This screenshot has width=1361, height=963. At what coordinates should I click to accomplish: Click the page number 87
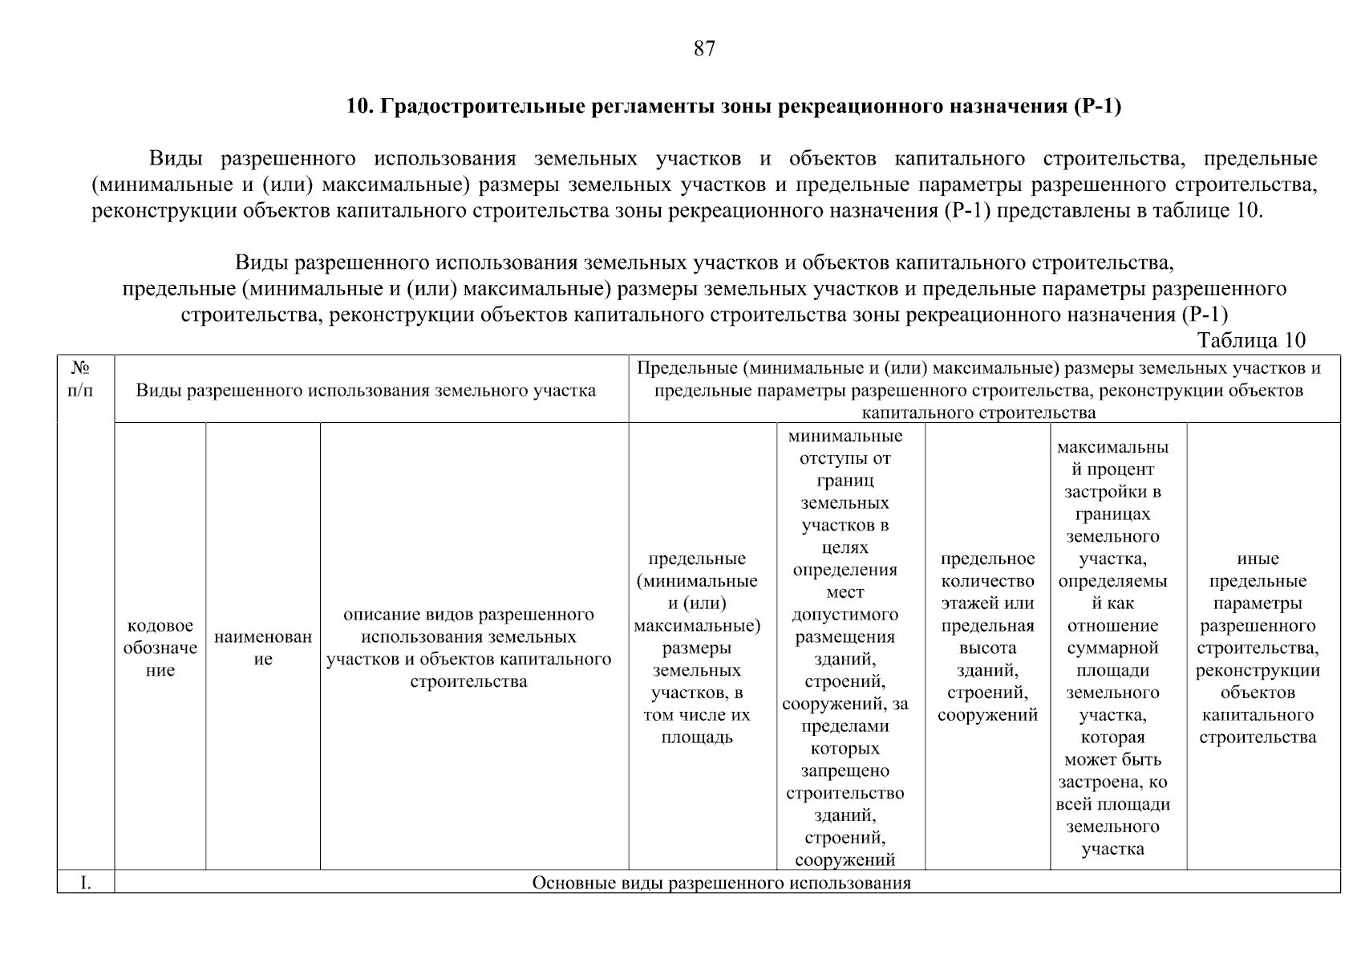pos(703,49)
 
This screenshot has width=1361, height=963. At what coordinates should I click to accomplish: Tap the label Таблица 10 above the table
pos(1251,339)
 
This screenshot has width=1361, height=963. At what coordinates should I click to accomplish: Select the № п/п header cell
pos(80,380)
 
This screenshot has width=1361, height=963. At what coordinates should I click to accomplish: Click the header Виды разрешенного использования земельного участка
pos(366,391)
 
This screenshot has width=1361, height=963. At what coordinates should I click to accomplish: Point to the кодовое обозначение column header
pos(160,648)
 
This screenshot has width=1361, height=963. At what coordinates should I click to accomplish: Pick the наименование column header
pos(263,648)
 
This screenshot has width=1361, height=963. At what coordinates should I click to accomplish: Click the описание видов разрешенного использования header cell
pos(468,648)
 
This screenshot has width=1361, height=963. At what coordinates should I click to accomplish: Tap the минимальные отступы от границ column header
pos(845,648)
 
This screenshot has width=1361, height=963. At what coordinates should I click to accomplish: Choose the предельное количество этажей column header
pos(987,636)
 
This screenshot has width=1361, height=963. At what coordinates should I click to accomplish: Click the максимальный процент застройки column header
pos(1112,648)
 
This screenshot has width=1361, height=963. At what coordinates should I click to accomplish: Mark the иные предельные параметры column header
pos(1258,648)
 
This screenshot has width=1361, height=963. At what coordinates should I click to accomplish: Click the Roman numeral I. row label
pos(85,884)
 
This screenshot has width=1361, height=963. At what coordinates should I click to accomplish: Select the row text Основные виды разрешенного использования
pos(722,884)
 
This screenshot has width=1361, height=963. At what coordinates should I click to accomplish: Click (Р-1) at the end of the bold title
pos(1096,107)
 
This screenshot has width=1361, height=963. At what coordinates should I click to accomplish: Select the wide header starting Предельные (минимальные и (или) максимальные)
pos(978,391)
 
